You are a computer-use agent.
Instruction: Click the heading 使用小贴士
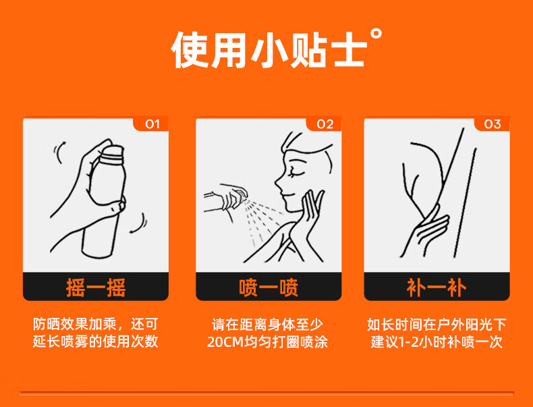click(269, 51)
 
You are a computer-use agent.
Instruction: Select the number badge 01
click(152, 124)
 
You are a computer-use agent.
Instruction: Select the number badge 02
click(325, 124)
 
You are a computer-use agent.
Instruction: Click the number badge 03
click(493, 124)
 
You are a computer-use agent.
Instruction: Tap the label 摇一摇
click(96, 288)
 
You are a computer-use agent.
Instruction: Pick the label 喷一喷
click(269, 288)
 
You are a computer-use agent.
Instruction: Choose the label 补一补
click(437, 288)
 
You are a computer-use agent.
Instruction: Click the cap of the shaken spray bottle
click(113, 154)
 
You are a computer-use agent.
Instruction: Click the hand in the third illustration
click(429, 231)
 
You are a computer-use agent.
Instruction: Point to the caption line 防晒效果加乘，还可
click(96, 324)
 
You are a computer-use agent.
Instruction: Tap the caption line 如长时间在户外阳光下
click(437, 324)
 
